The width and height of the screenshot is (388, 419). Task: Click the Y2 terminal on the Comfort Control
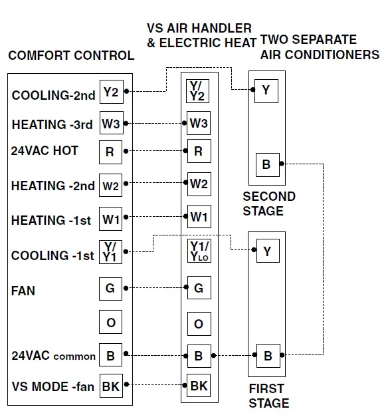coord(110,92)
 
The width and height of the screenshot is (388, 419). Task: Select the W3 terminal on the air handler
coord(199,123)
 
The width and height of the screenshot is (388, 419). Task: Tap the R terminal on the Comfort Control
coord(110,152)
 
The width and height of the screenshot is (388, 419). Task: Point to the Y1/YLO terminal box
coord(199,252)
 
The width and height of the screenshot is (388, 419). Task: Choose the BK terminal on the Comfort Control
coord(110,386)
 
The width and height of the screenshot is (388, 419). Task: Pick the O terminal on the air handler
coord(199,324)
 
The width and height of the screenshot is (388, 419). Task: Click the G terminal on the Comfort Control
coord(110,289)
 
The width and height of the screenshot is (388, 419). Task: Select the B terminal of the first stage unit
coord(268,356)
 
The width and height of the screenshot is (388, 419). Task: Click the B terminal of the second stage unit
coord(266,164)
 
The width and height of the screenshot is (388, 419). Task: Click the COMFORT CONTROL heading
coord(71,56)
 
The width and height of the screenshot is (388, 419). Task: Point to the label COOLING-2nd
coord(53,95)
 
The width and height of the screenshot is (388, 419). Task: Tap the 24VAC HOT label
coord(45,151)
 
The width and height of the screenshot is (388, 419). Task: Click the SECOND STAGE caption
coord(268,204)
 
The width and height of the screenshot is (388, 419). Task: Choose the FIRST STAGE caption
coord(268,396)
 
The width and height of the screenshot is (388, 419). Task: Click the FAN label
coord(23,291)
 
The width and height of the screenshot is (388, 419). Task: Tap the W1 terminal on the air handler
coord(199,217)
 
